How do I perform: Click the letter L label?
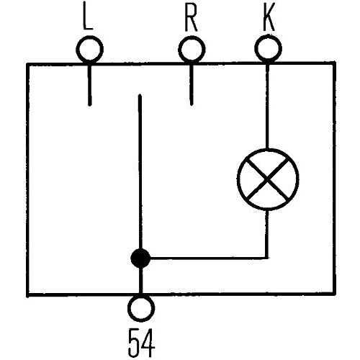coord(88,17)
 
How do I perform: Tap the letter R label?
coord(191,17)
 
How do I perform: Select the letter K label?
coord(269,17)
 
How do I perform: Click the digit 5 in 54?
coord(135,343)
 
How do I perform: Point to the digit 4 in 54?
coord(148,343)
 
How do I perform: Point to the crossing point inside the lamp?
coord(268,179)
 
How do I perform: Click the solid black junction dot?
coord(140,258)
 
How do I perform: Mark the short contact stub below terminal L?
coord(90,85)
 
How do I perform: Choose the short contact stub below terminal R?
coord(192,85)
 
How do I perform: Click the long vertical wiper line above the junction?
coord(140,172)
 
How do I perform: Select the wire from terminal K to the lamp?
coord(268,107)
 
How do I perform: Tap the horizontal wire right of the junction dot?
coord(209,258)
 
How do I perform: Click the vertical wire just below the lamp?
coord(267,234)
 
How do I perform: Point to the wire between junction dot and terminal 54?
coord(140,280)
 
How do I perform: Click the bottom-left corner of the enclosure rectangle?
coord(28,295)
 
